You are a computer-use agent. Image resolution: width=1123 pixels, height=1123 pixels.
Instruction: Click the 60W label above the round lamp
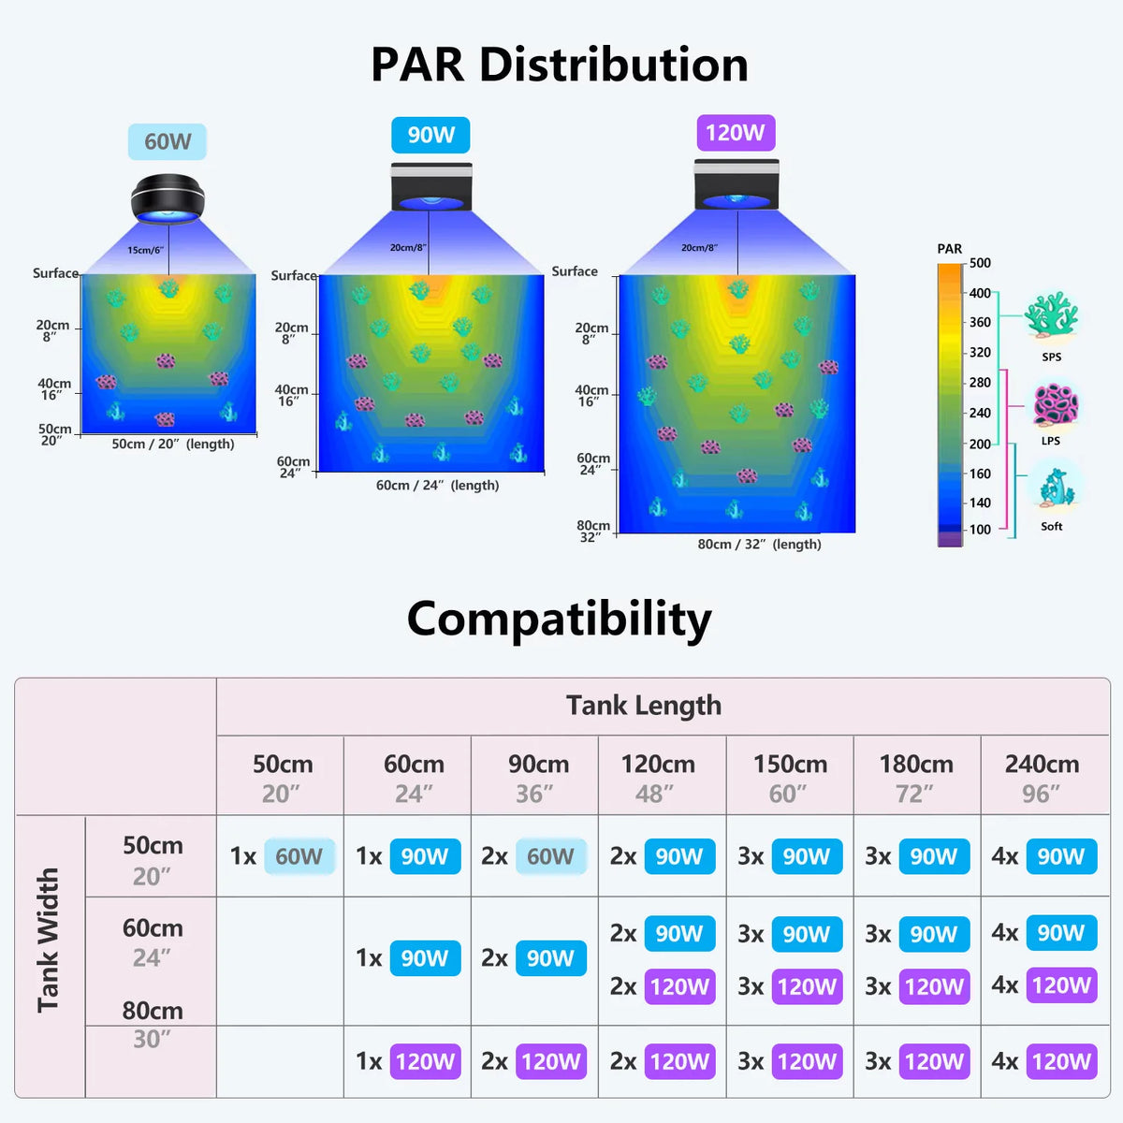(x=168, y=141)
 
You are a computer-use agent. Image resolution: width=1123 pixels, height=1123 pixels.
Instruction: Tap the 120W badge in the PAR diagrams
(x=737, y=133)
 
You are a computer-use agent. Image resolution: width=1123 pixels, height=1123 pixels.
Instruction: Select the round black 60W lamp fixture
(x=168, y=198)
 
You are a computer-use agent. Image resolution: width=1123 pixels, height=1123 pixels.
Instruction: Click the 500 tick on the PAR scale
(x=980, y=263)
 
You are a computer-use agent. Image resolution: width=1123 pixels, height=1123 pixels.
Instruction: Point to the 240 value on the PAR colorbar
(x=980, y=414)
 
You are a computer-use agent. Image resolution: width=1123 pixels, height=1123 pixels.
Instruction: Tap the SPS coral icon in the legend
(x=1051, y=316)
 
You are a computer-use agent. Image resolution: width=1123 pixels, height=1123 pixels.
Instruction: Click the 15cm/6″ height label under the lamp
(x=146, y=250)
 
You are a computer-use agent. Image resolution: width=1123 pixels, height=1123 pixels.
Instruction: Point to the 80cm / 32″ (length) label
(x=759, y=545)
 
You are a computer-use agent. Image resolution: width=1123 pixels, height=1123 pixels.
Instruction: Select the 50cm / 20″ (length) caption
(x=173, y=445)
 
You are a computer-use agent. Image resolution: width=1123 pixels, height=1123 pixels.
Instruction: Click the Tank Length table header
(x=644, y=706)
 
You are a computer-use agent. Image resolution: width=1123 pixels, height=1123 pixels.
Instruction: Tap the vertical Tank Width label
(x=49, y=940)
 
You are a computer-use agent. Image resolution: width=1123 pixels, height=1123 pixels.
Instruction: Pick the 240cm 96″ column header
(x=1042, y=778)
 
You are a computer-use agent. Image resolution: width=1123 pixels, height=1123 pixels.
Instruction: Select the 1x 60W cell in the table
(x=282, y=856)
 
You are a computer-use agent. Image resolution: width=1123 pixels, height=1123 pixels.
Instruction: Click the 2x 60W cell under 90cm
(x=533, y=856)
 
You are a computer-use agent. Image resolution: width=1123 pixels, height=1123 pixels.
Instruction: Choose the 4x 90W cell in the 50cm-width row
(x=1044, y=856)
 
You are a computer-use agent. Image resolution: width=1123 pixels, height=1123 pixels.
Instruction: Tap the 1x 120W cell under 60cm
(x=408, y=1061)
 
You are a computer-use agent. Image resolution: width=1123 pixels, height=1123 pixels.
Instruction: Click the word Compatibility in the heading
(x=560, y=620)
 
